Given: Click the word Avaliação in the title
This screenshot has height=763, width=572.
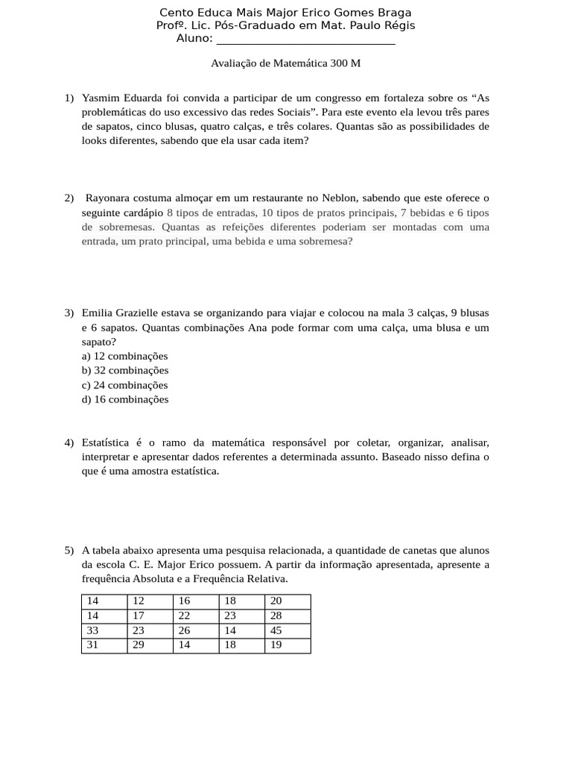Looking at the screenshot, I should click(234, 63).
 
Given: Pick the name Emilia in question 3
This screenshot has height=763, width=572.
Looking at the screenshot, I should click(98, 313).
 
